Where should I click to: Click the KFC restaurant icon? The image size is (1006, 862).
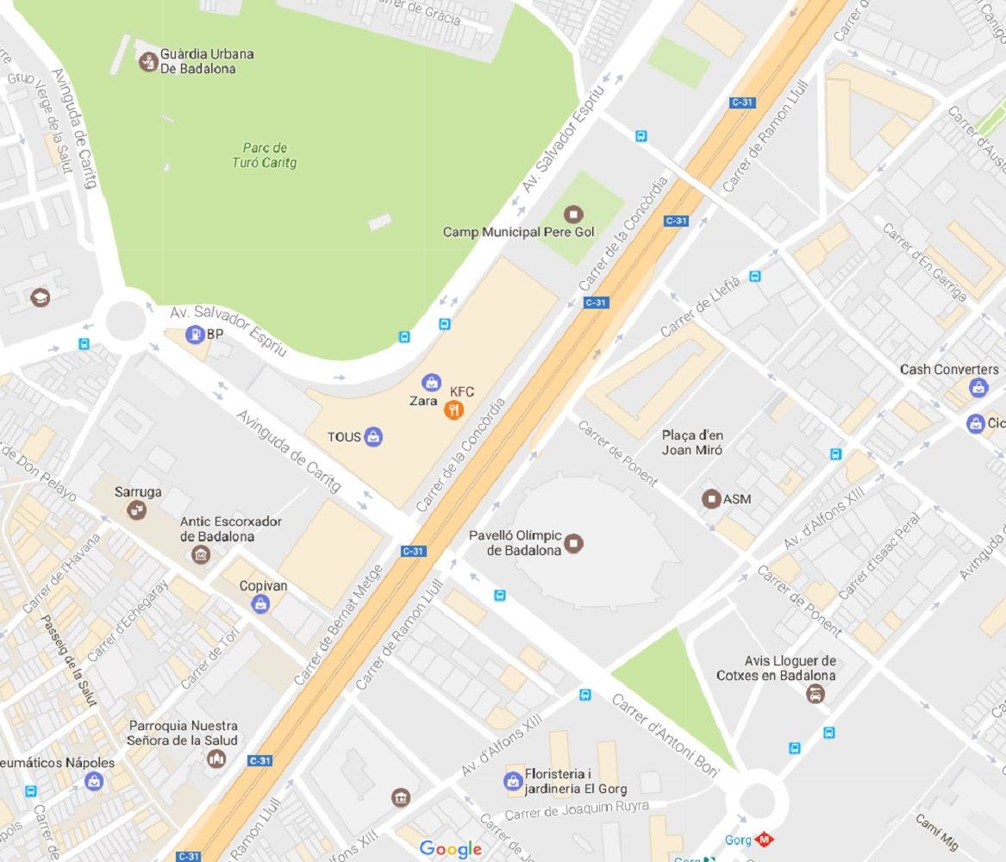pos(454,410)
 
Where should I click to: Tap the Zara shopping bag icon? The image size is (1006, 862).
pos(431,382)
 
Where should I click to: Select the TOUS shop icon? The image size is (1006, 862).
pos(373,436)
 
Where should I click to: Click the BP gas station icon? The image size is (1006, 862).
pos(196,334)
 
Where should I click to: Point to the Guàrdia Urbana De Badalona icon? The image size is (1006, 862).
pos(148,61)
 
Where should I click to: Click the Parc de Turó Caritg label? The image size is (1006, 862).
pos(265,155)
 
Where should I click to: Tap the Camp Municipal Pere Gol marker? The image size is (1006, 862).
pos(572,214)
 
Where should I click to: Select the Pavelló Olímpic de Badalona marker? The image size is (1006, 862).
pos(574,543)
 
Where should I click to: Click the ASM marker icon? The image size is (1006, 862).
pos(711,498)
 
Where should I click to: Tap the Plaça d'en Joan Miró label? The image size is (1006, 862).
pos(692,442)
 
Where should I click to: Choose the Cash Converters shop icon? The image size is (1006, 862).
pos(978,388)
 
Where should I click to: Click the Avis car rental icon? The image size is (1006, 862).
pos(815,694)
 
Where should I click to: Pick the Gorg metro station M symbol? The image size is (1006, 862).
pos(764,839)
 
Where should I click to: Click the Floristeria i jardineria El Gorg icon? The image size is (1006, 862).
pos(513,781)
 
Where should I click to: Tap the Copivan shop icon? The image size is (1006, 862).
pos(260,604)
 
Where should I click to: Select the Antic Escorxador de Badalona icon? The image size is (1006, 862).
pos(201,554)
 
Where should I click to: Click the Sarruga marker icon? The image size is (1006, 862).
pos(136,510)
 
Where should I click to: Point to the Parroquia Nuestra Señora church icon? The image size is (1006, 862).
pos(216,759)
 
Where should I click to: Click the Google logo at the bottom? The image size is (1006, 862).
pos(450,849)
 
